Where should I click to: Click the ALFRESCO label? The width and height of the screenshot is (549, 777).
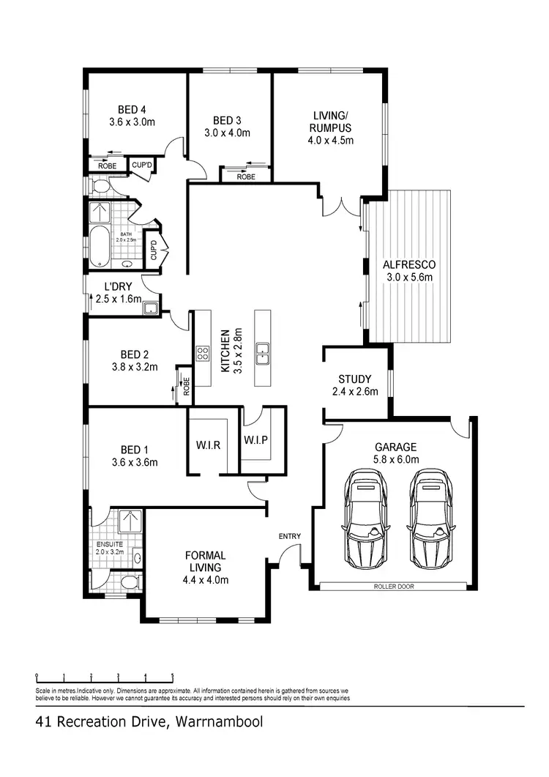pos(410,264)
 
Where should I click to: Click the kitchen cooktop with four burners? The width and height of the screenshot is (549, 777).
pos(203,355)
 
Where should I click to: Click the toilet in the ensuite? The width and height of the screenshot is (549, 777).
pos(130,583)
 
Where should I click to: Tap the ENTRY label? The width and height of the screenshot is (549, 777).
pos(289,536)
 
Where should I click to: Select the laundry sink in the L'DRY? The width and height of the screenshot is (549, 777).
pos(152,308)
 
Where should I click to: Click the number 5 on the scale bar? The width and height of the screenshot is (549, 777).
pos(173,677)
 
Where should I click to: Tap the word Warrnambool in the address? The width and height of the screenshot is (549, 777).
pos(218,723)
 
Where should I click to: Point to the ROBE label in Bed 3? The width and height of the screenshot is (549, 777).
pos(246,176)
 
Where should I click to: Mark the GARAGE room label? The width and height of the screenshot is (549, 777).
pos(396,447)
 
